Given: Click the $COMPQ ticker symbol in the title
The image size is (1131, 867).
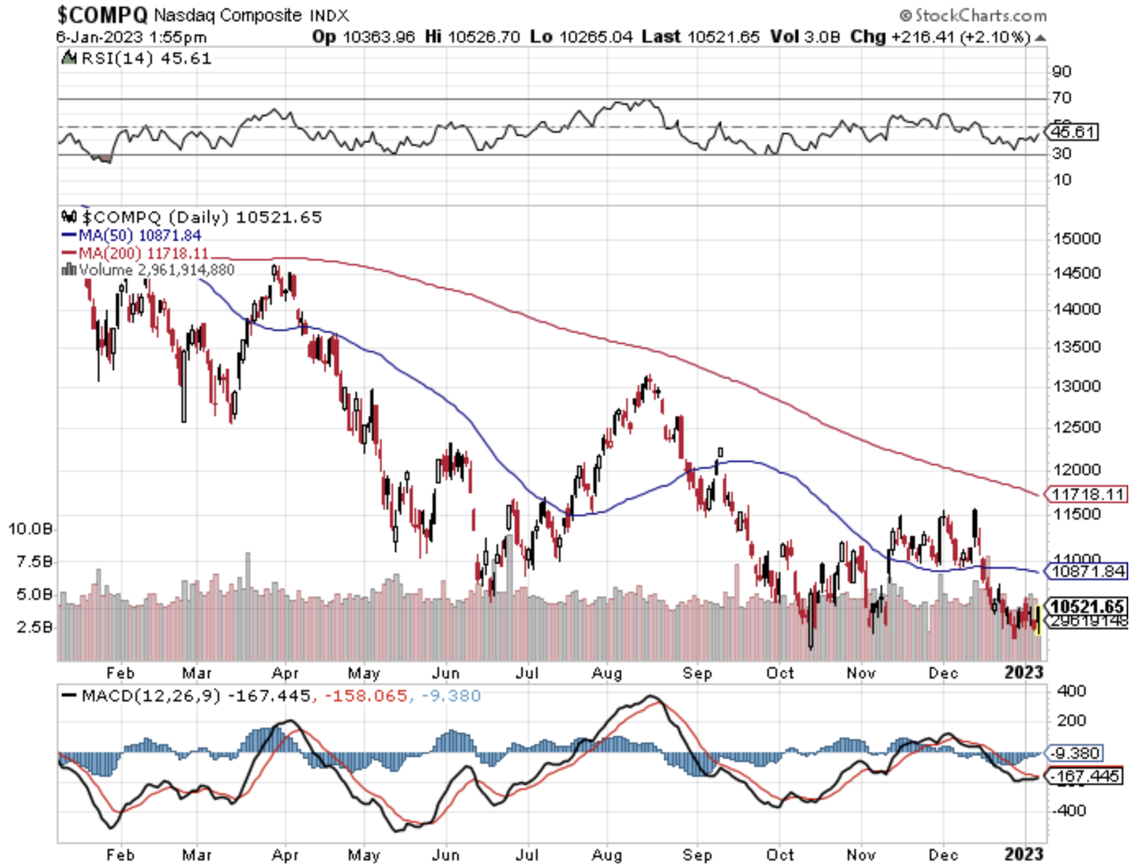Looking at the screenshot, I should [x=102, y=14].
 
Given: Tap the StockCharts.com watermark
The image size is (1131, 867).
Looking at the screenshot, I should [x=974, y=15].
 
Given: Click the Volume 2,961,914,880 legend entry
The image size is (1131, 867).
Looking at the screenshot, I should [x=155, y=270].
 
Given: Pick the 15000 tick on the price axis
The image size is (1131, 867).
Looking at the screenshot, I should [x=1077, y=238].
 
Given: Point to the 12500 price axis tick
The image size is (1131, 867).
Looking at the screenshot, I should [x=1077, y=427].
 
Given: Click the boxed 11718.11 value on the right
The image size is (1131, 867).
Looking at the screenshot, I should [x=1087, y=494].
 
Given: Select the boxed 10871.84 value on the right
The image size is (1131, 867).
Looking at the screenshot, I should [x=1087, y=571].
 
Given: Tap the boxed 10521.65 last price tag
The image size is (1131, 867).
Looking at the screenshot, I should [x=1087, y=606].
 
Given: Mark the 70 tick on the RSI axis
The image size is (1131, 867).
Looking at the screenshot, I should [x=1062, y=98].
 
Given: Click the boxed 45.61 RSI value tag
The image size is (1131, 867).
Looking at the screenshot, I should [x=1074, y=132].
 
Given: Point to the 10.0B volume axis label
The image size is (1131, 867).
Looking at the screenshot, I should [x=30, y=529].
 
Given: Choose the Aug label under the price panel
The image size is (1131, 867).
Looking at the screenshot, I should [x=607, y=673].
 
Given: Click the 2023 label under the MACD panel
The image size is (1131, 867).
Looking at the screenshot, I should [x=1024, y=854].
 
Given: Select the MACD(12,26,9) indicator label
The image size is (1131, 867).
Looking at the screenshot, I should [x=151, y=697].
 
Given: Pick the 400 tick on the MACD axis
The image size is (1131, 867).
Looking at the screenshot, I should [x=1071, y=691].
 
